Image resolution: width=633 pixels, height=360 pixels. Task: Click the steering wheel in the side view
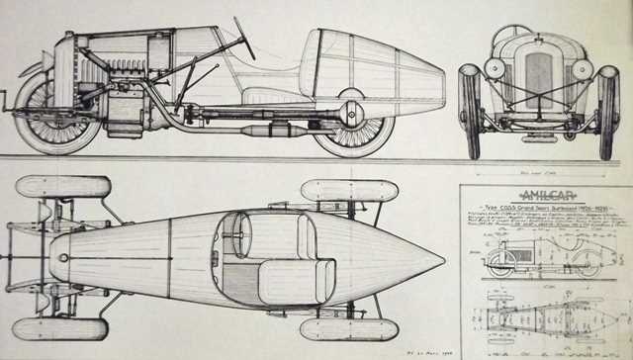point(243,38)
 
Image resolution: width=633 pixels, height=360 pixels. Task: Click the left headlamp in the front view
point(495,69)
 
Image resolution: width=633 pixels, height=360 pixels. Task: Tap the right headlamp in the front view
point(584,69)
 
